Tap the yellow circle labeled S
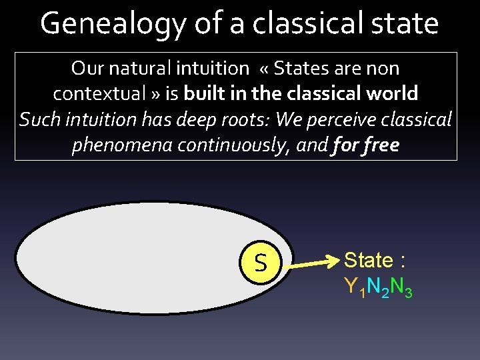tap(260, 262)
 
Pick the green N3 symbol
tap(401, 287)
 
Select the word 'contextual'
tap(101, 93)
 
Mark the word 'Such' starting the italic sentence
tap(39, 119)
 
